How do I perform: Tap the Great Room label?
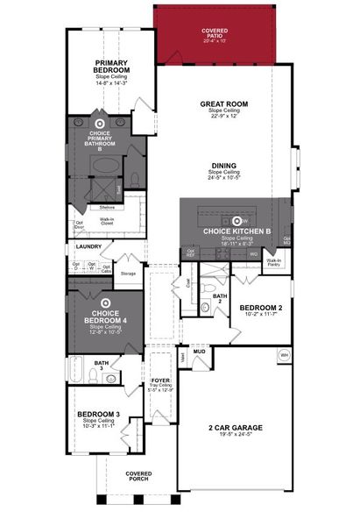click(x=224, y=103)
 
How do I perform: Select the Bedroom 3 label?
click(x=97, y=414)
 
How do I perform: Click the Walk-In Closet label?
click(x=109, y=222)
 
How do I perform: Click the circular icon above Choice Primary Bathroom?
click(x=100, y=124)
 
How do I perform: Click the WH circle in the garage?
click(x=283, y=355)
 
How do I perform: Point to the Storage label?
click(x=128, y=274)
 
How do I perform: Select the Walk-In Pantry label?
click(x=273, y=261)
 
